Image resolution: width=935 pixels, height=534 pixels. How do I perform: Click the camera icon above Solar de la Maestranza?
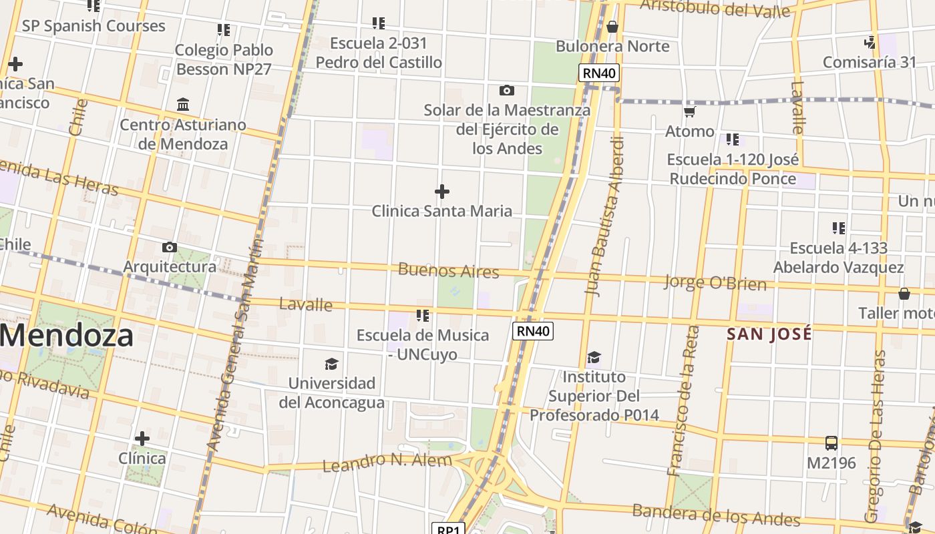[x=507, y=90]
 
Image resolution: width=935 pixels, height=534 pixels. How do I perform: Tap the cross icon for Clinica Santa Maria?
[x=441, y=192]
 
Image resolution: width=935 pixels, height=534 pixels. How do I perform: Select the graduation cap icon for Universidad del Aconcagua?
[x=331, y=364]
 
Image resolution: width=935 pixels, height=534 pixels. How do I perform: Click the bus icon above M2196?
[x=831, y=443]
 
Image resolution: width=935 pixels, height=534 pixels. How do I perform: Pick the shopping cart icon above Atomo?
[x=690, y=111]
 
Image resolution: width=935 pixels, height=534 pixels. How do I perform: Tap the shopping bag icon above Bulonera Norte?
[x=612, y=27]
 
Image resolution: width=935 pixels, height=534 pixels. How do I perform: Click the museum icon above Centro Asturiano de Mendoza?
[x=183, y=105]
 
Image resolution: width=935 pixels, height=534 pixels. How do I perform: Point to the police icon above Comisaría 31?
[x=870, y=43]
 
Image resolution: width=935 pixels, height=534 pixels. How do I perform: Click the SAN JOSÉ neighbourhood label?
[x=769, y=334]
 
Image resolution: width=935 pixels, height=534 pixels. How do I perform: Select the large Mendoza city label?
[x=67, y=335]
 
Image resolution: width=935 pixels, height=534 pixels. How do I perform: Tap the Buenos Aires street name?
[x=449, y=270]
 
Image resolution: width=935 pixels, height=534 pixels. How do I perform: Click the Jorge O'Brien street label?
[x=715, y=282]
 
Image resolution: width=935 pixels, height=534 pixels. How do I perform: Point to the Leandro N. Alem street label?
[x=387, y=461]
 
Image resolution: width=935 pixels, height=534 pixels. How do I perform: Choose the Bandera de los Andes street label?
[x=716, y=514]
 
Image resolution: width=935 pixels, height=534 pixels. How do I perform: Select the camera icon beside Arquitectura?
[x=170, y=248]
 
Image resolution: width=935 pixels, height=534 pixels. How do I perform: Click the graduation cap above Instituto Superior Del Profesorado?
[x=594, y=358]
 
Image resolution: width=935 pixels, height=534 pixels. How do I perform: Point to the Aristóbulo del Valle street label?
[x=715, y=8]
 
